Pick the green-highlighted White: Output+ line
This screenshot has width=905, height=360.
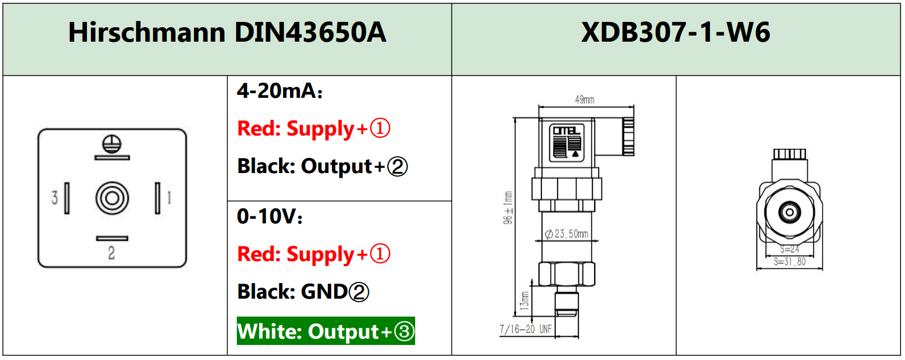point(326,332)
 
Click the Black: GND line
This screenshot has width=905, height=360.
point(303,292)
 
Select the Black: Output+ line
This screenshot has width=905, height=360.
point(323,167)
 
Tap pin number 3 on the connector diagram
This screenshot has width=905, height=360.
point(54,199)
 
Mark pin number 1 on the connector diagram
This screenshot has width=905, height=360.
point(169,199)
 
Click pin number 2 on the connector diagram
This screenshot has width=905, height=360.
point(112,253)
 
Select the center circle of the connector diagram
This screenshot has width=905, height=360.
point(112,198)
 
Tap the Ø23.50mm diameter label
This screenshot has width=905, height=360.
point(567,234)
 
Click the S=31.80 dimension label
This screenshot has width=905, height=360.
point(789,261)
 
